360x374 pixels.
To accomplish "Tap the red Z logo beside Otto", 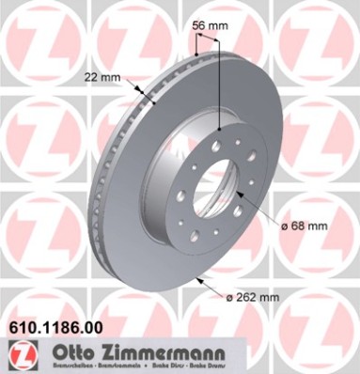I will click(20, 355).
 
